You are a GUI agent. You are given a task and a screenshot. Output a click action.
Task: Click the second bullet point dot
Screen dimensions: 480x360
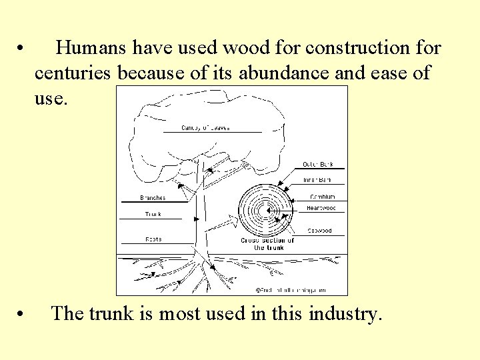click(22, 314)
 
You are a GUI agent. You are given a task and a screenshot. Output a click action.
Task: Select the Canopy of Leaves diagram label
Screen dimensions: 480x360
click(205, 127)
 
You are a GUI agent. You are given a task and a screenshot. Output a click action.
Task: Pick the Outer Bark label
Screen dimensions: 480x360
click(319, 164)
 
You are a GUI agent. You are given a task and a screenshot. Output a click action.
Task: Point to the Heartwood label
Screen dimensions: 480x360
click(321, 208)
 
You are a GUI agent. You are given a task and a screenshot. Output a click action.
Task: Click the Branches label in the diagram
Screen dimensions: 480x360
click(153, 197)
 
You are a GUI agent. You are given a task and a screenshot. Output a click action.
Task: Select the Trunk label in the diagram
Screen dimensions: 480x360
click(153, 214)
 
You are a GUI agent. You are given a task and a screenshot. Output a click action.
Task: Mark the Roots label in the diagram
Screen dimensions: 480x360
click(153, 239)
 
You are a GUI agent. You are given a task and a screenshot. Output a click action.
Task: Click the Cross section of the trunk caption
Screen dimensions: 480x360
click(267, 243)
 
